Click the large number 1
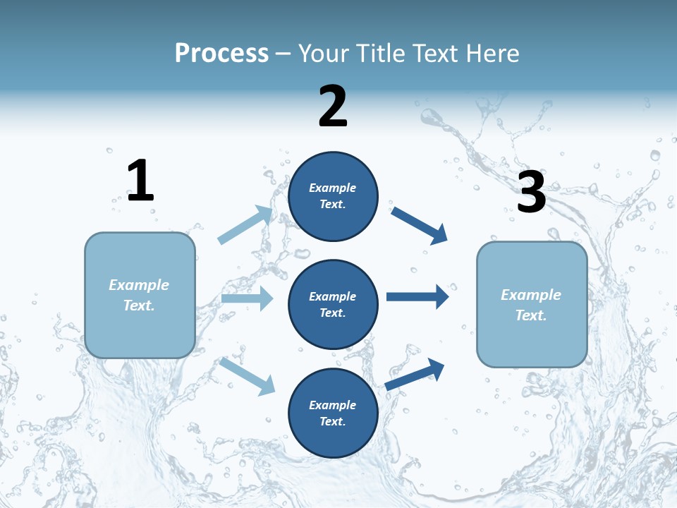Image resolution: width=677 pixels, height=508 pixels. [x=140, y=181]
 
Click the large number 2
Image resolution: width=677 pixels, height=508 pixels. [x=333, y=107]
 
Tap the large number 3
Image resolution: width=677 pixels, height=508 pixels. [x=531, y=192]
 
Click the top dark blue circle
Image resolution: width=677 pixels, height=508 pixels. [x=333, y=196]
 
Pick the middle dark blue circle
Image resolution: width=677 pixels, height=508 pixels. [x=333, y=304]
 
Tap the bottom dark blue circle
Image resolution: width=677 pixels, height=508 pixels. [x=333, y=413]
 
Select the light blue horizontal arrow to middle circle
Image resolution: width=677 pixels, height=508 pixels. [x=247, y=298]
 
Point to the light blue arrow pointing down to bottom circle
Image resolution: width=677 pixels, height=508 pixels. [x=247, y=375]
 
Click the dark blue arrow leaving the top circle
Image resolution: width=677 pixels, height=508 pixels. [x=420, y=225]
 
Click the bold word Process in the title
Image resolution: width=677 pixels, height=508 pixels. [x=221, y=53]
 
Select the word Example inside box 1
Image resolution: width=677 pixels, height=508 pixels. [x=139, y=285]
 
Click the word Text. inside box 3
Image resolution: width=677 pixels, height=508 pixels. [x=531, y=315]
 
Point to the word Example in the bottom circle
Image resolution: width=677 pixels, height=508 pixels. [x=332, y=405]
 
